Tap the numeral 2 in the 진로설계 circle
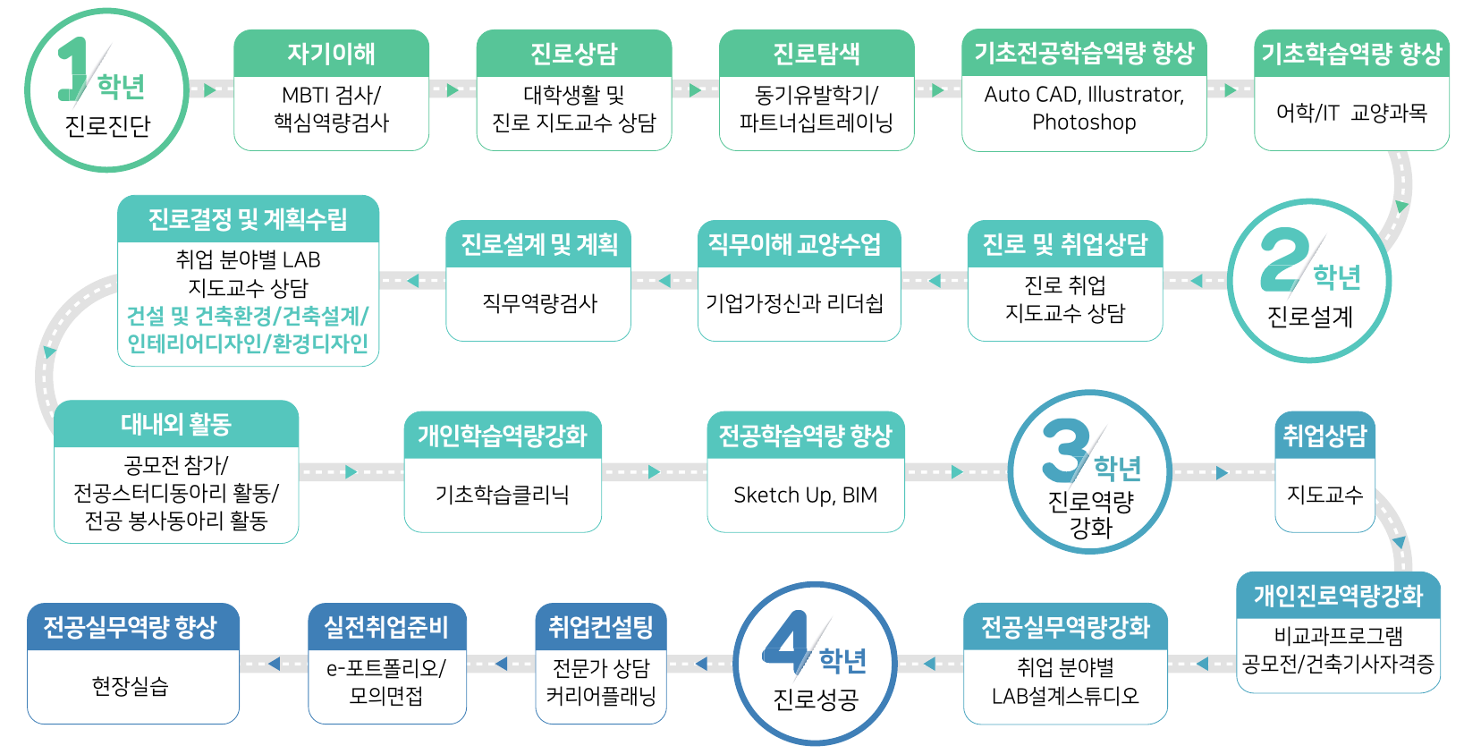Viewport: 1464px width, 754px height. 1285,260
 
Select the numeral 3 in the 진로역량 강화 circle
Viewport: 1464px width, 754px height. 1065,451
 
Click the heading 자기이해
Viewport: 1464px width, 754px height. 331,54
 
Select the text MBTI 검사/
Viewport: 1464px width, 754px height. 331,95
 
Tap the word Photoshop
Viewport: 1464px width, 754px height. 1084,123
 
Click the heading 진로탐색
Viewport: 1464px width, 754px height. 817,54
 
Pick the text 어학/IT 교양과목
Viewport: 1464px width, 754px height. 1351,113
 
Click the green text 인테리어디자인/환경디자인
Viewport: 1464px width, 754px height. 248,343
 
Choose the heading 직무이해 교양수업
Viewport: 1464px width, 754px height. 795,244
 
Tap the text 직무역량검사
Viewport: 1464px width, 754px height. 539,303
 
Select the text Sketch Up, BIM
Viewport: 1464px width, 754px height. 805,495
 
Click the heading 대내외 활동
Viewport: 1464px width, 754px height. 176,424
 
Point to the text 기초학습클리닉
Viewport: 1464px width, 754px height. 503,495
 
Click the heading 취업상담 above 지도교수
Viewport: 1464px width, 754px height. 1324,436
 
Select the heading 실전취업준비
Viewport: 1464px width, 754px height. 386,627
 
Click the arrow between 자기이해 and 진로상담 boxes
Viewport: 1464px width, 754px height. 453,89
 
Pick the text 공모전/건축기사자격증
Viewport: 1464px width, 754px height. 1338,664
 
